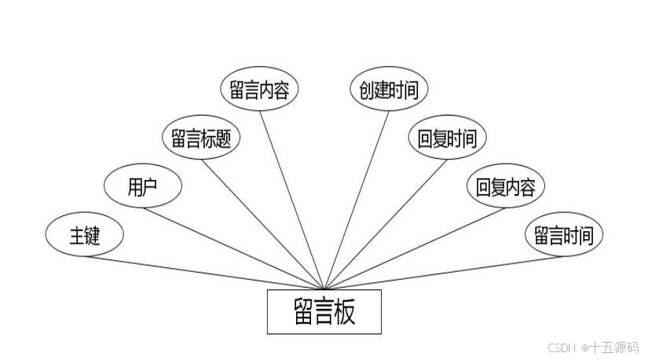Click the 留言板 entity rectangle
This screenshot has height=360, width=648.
324,311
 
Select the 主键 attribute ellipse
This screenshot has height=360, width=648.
85,235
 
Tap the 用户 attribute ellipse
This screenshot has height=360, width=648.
143,187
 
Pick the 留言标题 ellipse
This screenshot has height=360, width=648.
201,138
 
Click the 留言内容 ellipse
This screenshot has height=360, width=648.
259,90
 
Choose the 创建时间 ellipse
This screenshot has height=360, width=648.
388,90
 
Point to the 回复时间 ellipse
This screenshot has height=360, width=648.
447,138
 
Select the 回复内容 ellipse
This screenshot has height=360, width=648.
505,187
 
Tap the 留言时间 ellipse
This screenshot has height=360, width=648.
563,235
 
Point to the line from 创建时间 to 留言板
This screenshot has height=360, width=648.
356,199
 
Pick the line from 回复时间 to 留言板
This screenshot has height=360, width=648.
385,223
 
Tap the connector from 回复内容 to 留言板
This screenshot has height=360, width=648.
414,248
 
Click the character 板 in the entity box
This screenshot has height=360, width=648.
344,311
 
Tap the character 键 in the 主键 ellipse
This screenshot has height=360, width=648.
93,235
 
